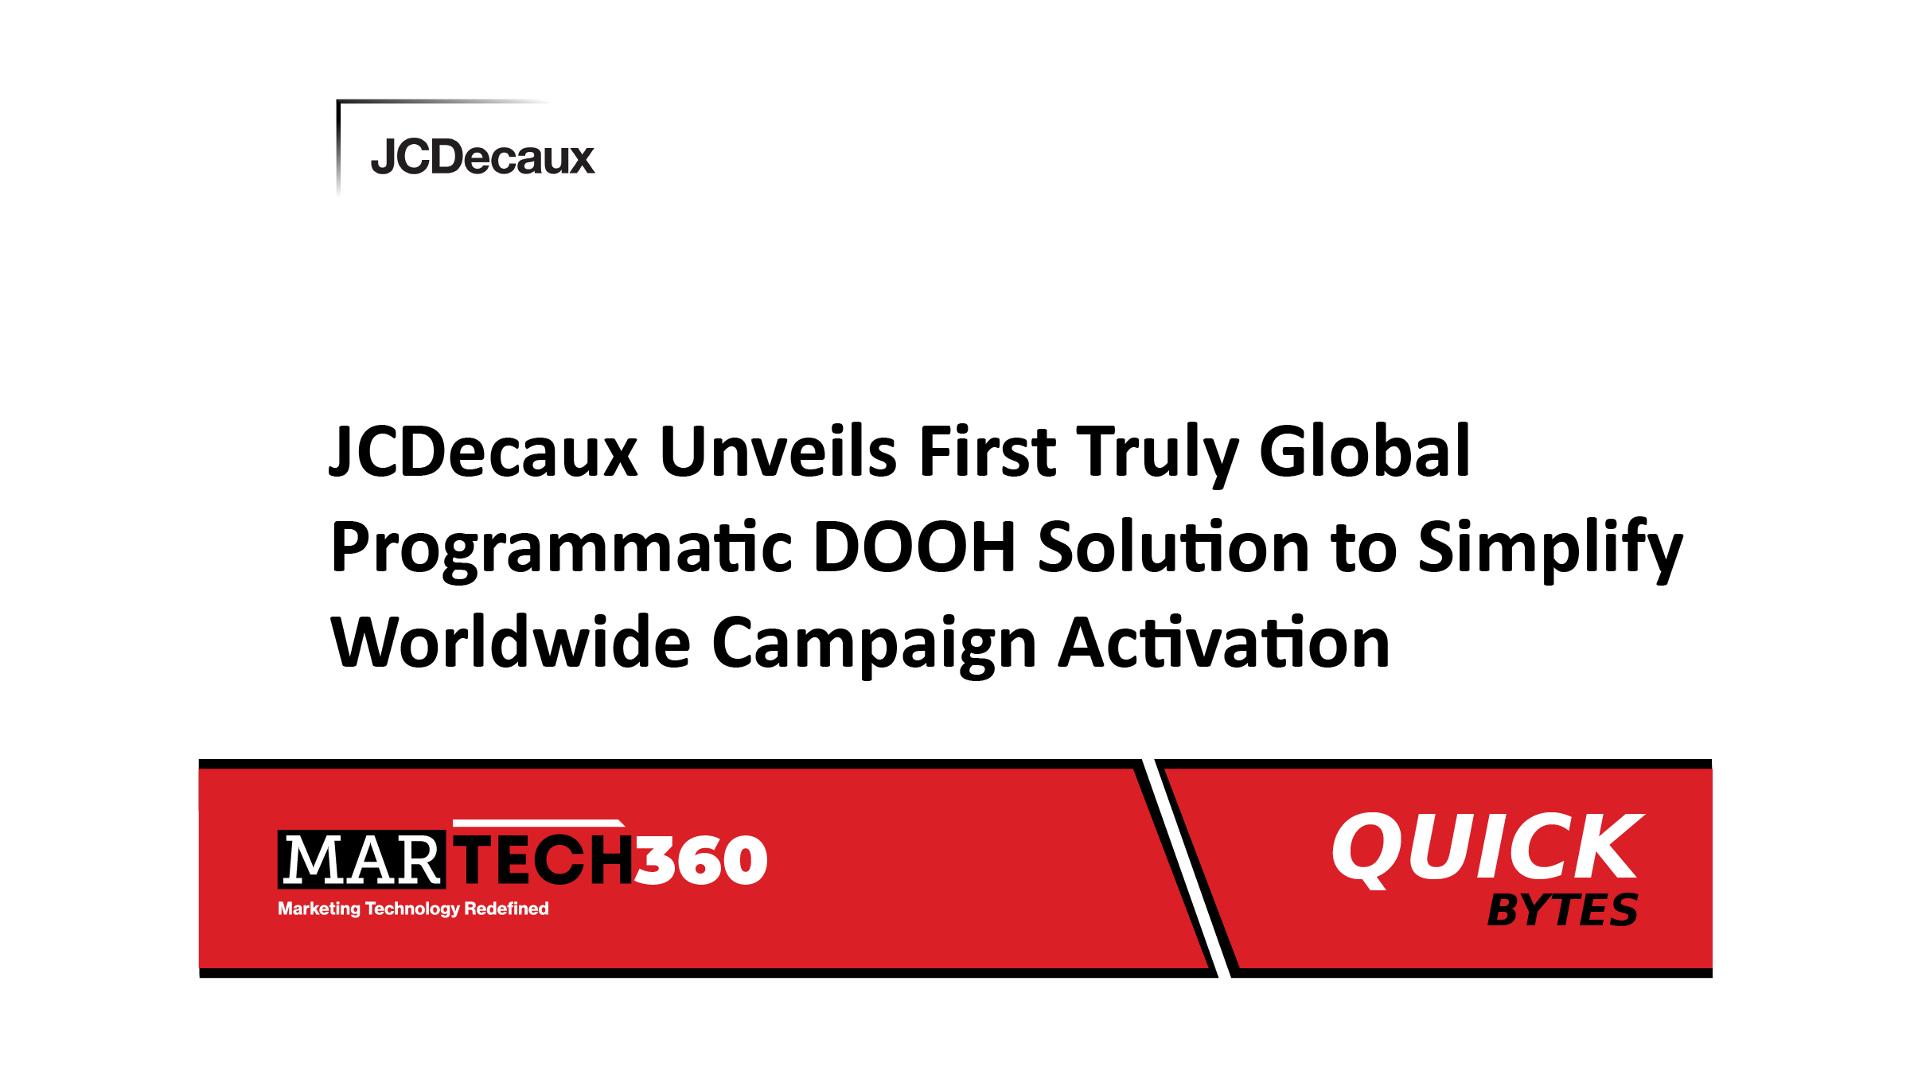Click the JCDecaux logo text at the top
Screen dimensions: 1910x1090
[x=482, y=157]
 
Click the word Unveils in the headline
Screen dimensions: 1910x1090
[x=778, y=451]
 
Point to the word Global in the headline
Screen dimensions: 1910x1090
[x=1365, y=451]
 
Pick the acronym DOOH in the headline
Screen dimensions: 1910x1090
[x=914, y=547]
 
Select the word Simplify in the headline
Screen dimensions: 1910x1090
[x=1550, y=550]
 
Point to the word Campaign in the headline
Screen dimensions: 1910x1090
[x=874, y=646]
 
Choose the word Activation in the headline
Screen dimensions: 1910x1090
[x=1224, y=642]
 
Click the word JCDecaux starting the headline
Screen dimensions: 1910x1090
[x=484, y=451]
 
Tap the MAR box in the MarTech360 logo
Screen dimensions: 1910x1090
[x=361, y=860]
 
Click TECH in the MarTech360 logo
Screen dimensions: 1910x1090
[x=544, y=860]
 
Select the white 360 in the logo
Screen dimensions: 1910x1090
[x=701, y=860]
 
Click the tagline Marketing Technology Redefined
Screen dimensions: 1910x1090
[x=413, y=909]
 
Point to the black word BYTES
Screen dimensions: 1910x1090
[x=1562, y=910]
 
